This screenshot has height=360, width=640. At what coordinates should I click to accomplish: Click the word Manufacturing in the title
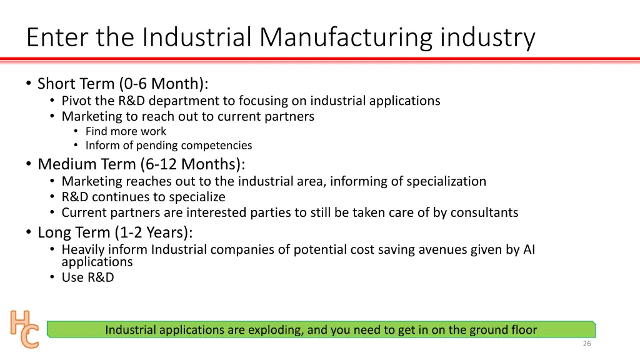(346, 37)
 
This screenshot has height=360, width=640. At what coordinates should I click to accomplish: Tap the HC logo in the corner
(24, 329)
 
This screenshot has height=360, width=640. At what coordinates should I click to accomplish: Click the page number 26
(586, 344)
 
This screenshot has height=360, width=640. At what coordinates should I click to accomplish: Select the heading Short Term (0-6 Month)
(122, 84)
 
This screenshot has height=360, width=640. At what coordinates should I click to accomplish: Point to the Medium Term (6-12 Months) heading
(141, 164)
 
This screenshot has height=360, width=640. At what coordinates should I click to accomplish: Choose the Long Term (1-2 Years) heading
(115, 232)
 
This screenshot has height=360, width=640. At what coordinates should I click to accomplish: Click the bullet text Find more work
(126, 131)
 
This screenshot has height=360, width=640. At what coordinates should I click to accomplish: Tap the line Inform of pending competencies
(169, 146)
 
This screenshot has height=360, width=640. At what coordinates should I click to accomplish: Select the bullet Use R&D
(87, 277)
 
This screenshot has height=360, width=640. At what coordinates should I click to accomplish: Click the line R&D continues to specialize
(143, 197)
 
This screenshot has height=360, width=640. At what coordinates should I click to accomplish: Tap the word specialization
(446, 182)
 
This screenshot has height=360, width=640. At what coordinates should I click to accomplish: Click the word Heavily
(84, 250)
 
